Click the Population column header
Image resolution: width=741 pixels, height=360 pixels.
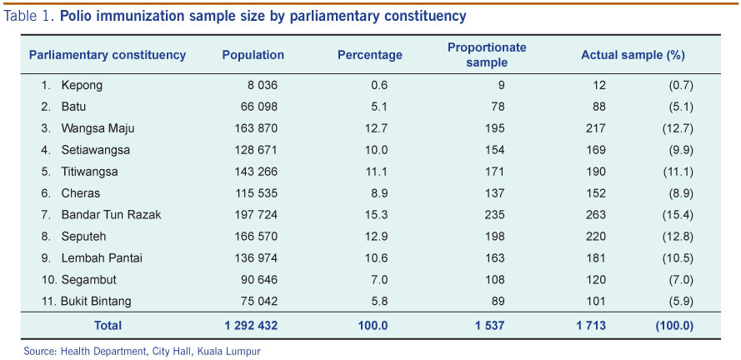coord(253,56)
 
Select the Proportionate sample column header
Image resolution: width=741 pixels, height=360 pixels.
coord(487,55)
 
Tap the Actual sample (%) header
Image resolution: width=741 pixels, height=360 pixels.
coord(633,56)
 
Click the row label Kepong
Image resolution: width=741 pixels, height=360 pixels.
coord(82,85)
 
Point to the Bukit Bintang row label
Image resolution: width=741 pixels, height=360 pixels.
coord(96,301)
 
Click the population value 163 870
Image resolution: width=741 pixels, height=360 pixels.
coord(254,128)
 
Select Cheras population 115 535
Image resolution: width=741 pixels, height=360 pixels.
coord(254,192)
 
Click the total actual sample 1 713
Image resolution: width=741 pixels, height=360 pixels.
coord(591,326)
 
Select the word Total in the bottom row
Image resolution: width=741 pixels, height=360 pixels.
coord(108,326)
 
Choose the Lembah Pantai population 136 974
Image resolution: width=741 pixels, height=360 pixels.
coord(254,257)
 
